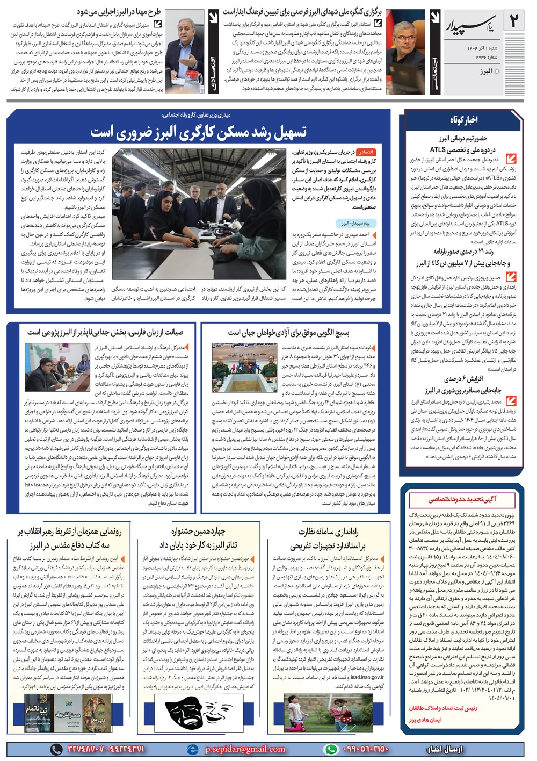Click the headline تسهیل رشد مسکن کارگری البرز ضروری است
click(199, 132)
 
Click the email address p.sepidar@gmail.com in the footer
click(245, 749)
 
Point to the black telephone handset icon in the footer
click(56, 749)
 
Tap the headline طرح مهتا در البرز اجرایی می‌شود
click(119, 12)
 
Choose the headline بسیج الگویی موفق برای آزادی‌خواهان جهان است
click(288, 332)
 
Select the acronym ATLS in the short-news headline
click(438, 149)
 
